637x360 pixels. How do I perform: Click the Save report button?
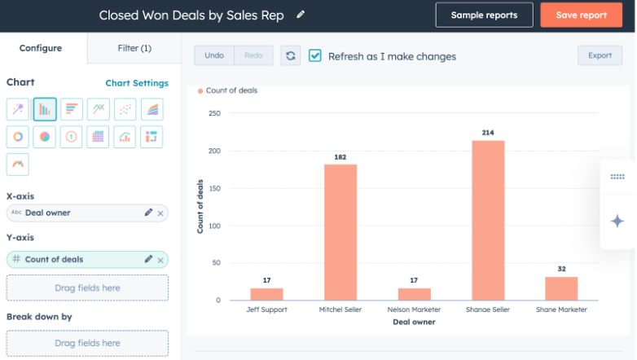pos(581,15)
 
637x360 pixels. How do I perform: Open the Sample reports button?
pos(484,15)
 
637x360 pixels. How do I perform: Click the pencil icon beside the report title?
pos(301,15)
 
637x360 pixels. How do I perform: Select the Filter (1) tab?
pos(134,48)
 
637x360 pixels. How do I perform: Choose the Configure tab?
pos(41,48)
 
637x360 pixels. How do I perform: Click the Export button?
pos(600,55)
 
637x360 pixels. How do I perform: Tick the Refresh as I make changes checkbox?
pos(315,55)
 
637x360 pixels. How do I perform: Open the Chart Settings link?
pos(137,83)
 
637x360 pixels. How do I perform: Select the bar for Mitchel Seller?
pos(340,232)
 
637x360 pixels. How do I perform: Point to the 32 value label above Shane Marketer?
pos(561,268)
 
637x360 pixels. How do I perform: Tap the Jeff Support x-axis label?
pos(267,310)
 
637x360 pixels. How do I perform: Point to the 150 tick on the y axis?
pos(214,188)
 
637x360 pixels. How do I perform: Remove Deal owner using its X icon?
pos(160,213)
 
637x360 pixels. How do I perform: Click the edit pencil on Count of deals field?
pos(148,259)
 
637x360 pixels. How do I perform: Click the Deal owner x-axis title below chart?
pos(414,322)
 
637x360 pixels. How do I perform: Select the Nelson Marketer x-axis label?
pos(414,310)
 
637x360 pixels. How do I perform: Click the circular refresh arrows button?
pos(291,55)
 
